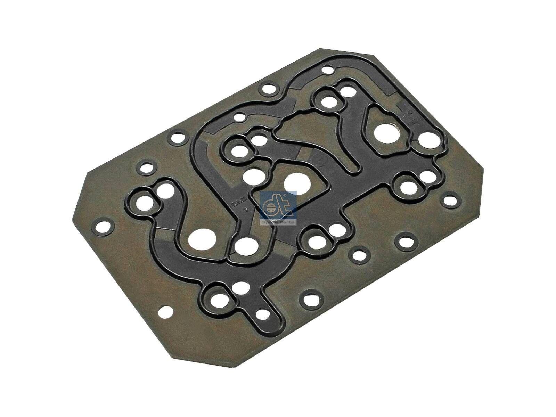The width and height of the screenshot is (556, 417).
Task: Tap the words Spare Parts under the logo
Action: point(278,222)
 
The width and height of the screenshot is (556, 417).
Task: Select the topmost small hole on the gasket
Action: point(327,70)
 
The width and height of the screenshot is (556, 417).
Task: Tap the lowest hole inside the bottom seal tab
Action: point(264,314)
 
